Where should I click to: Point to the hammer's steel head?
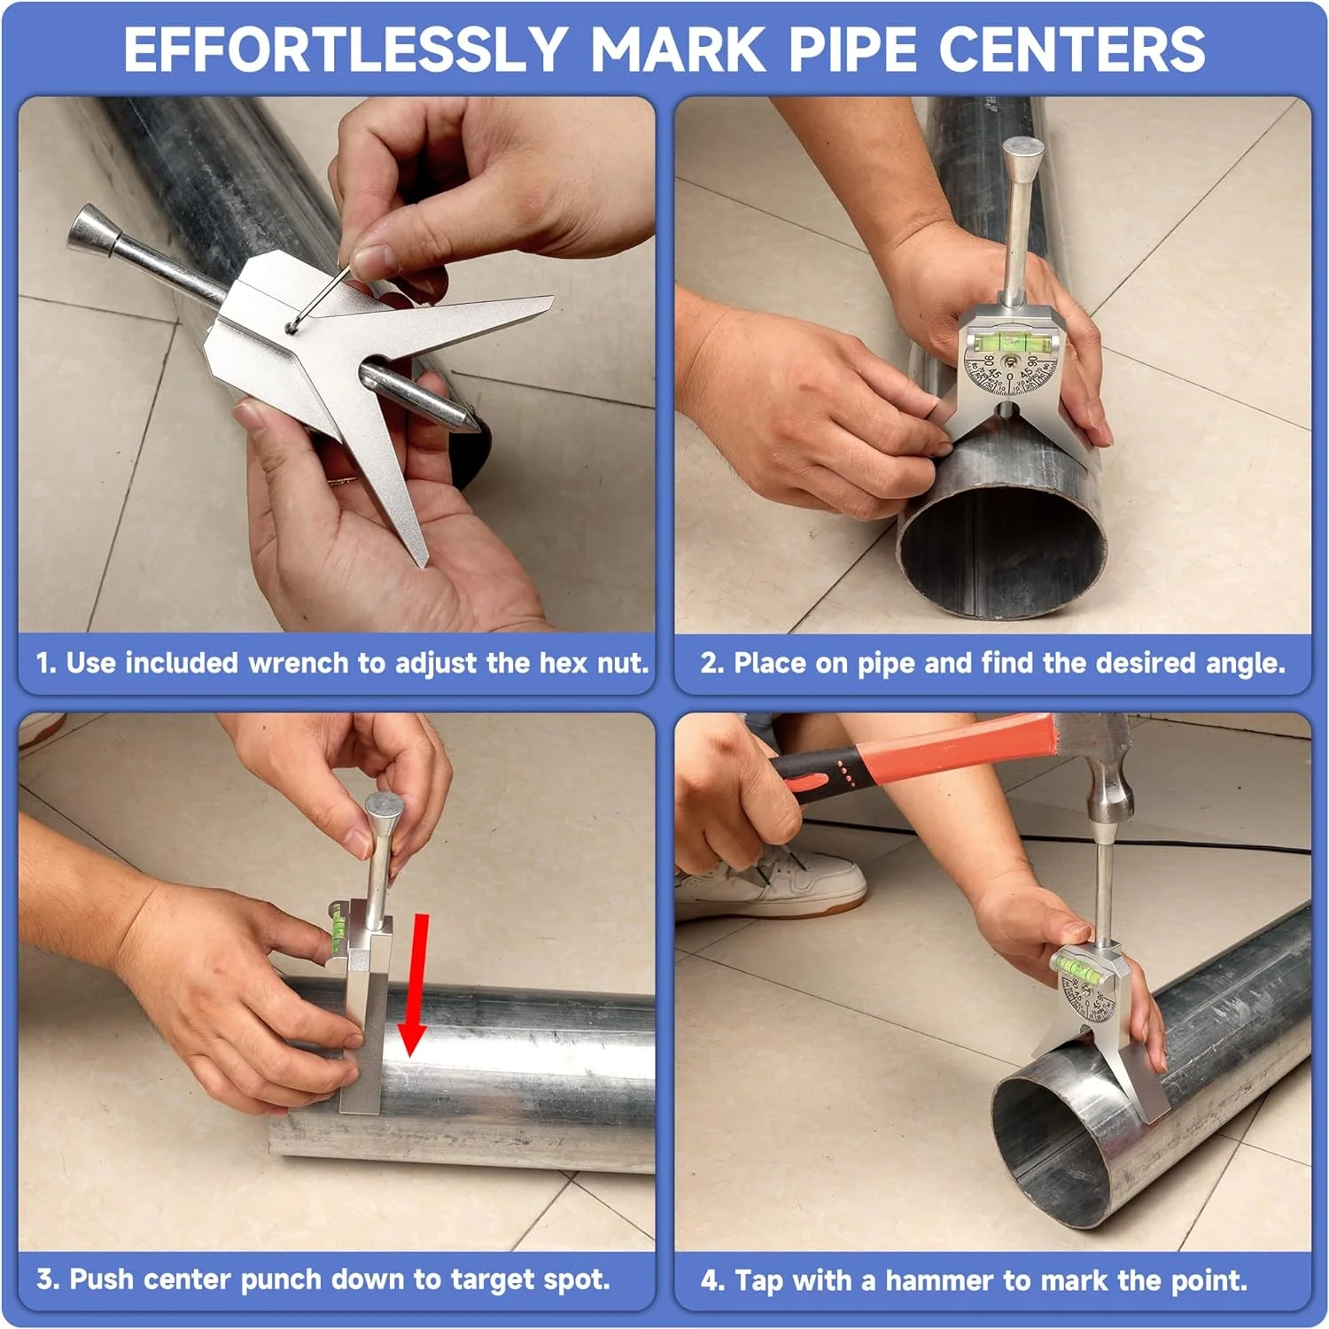tap(1099, 762)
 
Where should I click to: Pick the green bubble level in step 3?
tap(338, 930)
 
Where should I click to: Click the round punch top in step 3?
tap(385, 807)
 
